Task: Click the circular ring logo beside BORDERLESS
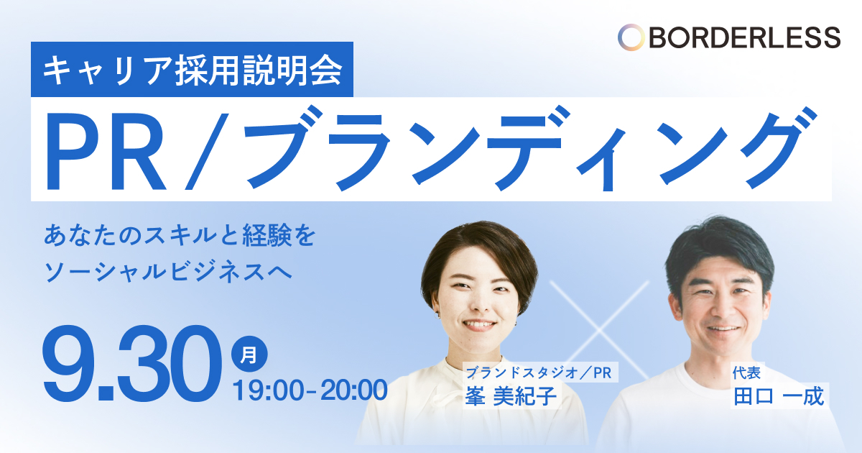[x=631, y=37]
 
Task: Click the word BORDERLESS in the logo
[x=745, y=37]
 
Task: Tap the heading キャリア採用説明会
[x=193, y=70]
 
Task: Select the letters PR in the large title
[x=106, y=152]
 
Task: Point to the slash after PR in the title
[x=207, y=151]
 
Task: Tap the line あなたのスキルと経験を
[x=180, y=235]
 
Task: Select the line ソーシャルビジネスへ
[x=168, y=273]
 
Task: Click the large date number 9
[x=68, y=363]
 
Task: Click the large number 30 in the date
[x=170, y=363]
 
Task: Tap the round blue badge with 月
[x=249, y=354]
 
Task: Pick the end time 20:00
[x=354, y=390]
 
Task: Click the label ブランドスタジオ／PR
[x=539, y=372]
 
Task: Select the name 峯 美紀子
[x=511, y=395]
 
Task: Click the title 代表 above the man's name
[x=746, y=372]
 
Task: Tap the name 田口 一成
[x=779, y=396]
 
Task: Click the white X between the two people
[x=599, y=330]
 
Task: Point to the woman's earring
[x=437, y=316]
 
